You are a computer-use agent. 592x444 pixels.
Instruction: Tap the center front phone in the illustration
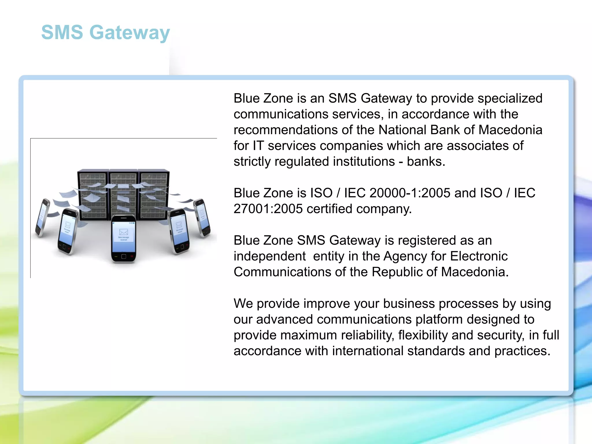[x=123, y=239]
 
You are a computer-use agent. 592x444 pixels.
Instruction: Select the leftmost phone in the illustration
[x=42, y=217]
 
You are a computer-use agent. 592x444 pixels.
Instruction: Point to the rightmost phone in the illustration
[x=202, y=218]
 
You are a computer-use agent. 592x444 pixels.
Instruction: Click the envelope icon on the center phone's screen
[x=123, y=232]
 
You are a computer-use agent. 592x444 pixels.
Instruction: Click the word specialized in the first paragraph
[x=510, y=98]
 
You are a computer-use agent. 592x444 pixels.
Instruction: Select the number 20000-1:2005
[x=410, y=193]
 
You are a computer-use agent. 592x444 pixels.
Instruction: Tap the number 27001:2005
[x=268, y=209]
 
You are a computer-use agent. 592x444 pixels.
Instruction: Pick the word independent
[x=269, y=256]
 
